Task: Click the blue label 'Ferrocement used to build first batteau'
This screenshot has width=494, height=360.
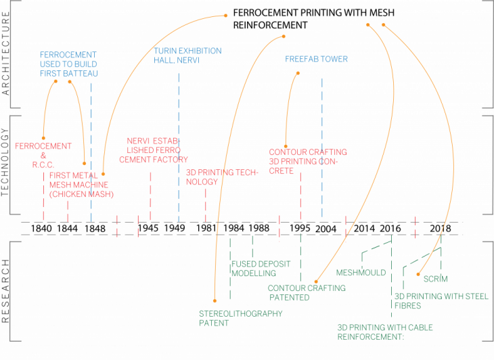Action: tap(68, 64)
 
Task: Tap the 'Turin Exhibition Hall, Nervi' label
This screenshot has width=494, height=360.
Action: tap(187, 55)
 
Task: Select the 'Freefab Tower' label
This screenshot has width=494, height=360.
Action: tap(316, 60)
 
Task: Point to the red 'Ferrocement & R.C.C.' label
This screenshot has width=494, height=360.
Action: tap(43, 156)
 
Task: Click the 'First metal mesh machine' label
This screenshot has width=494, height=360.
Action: tap(81, 185)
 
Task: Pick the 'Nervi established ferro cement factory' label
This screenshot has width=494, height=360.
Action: tap(154, 151)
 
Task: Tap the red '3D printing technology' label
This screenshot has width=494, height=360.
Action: tap(222, 177)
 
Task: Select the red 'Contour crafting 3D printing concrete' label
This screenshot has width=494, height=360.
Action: tap(307, 162)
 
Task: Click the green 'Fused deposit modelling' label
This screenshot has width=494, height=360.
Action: tap(254, 269)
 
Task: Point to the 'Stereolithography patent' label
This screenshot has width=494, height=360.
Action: tap(240, 318)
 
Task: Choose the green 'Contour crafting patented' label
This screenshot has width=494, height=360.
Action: tap(307, 293)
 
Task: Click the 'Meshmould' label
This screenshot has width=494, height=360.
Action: tap(361, 273)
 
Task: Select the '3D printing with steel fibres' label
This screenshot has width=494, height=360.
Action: tap(441, 300)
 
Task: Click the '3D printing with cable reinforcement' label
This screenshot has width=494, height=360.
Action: tap(384, 332)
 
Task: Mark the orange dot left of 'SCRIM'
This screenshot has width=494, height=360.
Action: tap(418, 275)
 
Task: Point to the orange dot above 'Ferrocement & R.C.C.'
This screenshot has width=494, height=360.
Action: tap(43, 137)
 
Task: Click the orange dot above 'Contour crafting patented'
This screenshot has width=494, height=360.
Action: tap(316, 280)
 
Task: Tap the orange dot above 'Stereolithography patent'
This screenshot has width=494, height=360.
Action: tap(215, 301)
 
